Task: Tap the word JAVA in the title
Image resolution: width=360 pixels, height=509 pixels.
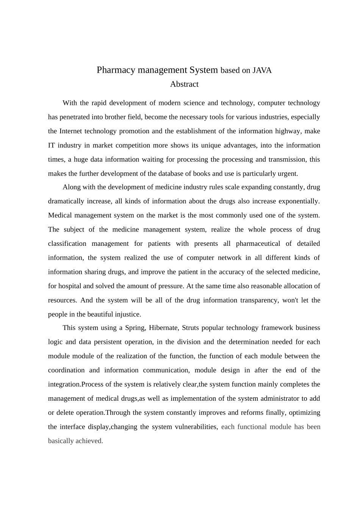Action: click(262, 70)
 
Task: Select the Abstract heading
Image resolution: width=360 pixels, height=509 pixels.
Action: click(184, 84)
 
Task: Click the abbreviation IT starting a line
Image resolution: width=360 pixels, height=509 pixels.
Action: click(52, 145)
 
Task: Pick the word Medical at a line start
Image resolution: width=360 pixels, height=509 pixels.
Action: click(60, 215)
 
